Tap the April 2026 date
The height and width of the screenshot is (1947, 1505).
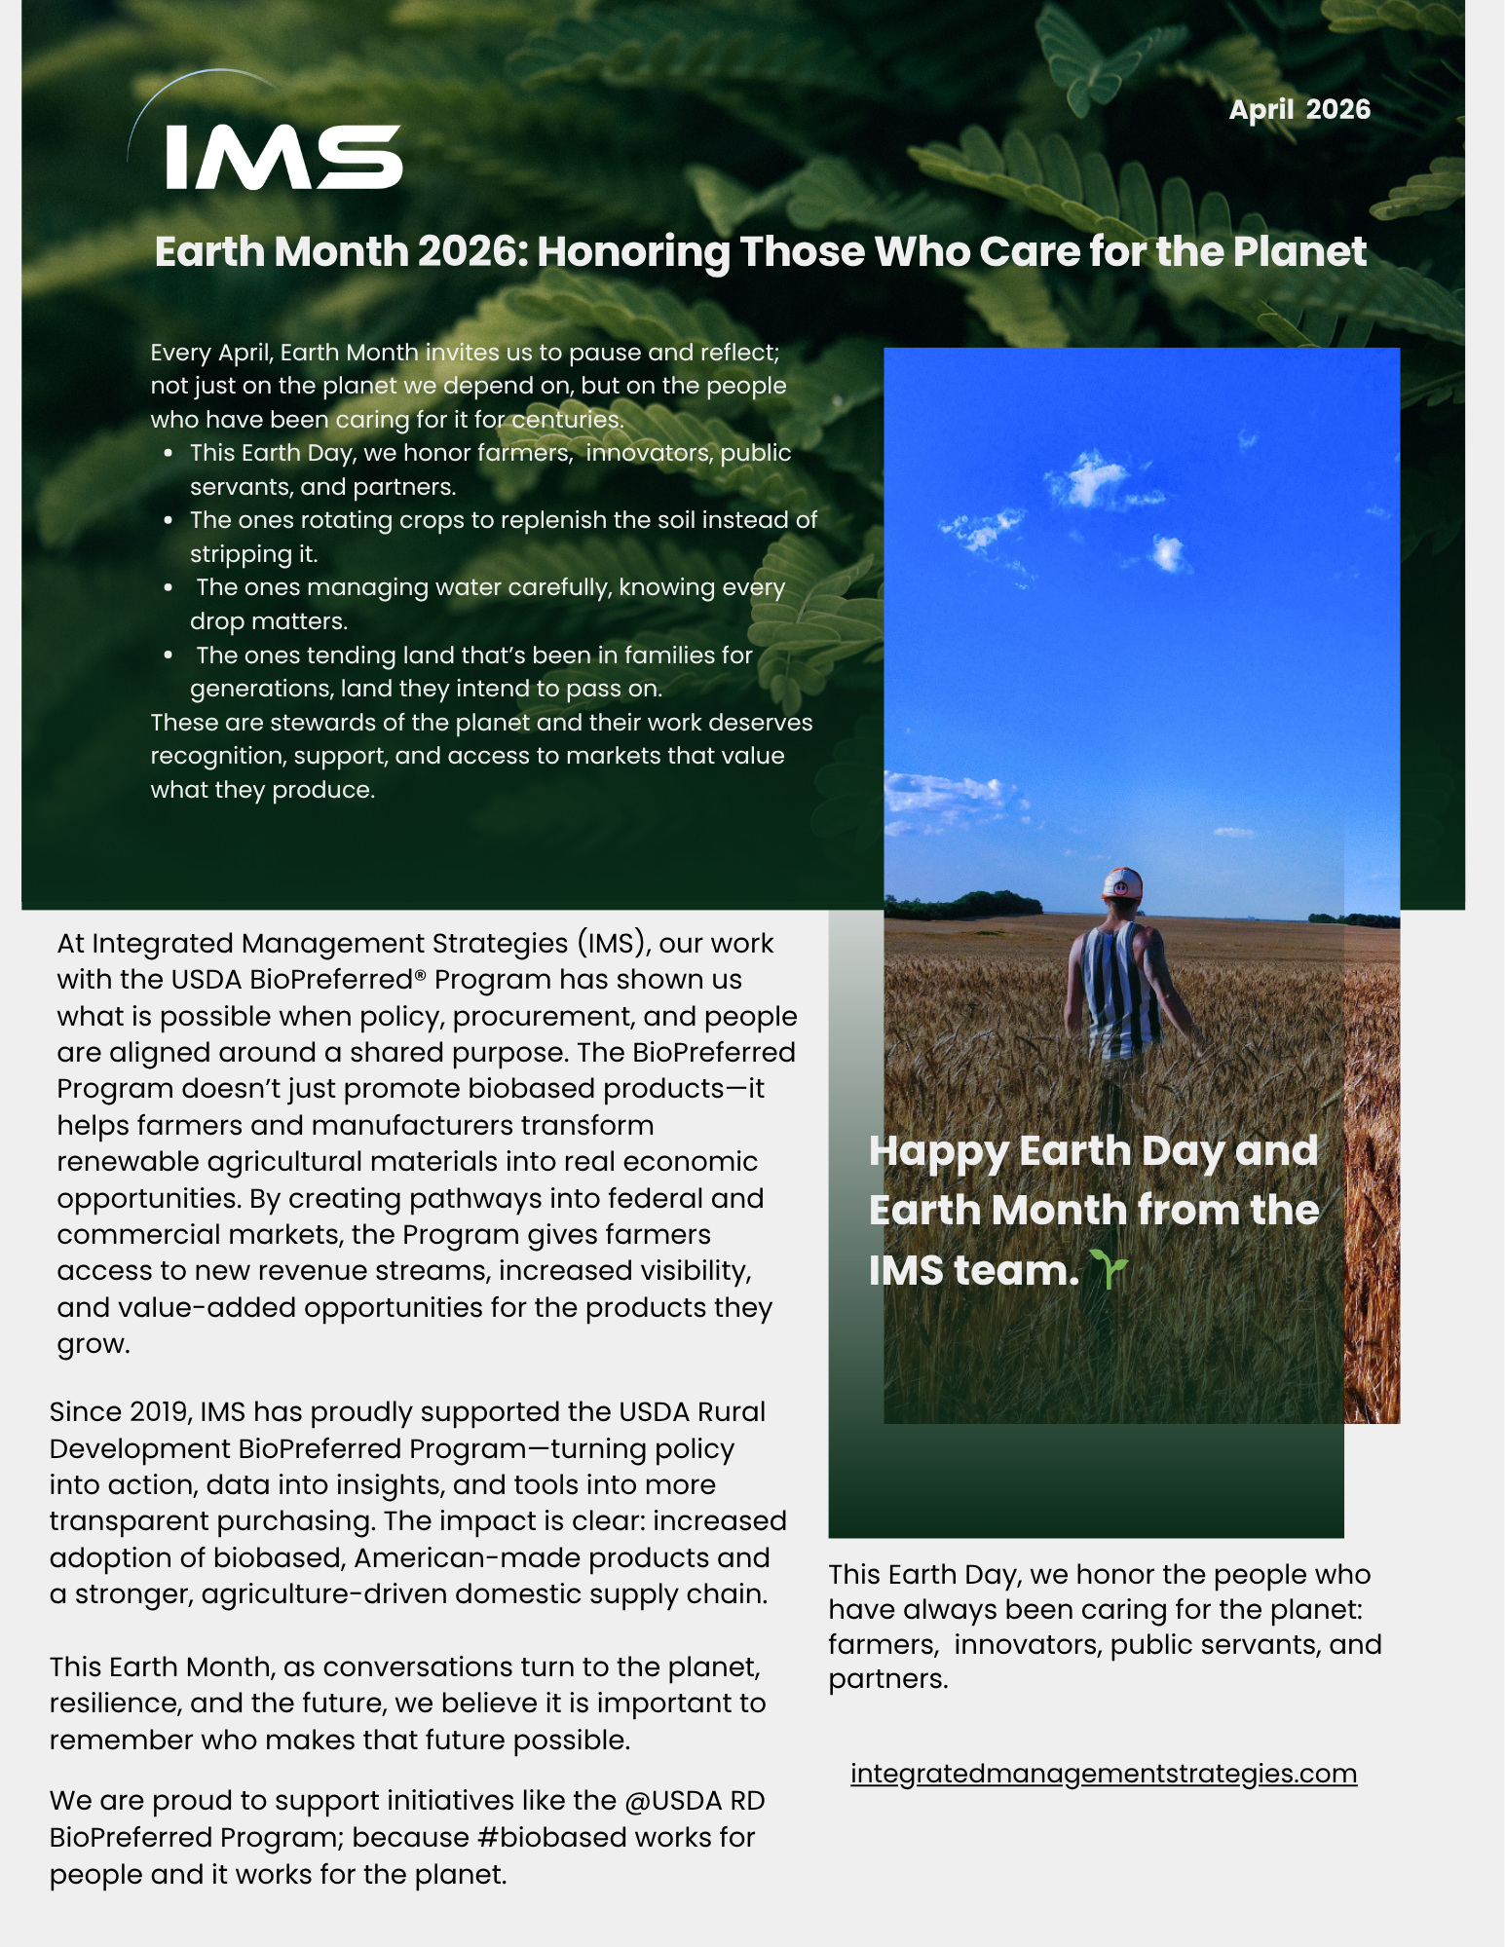(x=1298, y=109)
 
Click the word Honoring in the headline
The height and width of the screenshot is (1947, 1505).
(x=633, y=252)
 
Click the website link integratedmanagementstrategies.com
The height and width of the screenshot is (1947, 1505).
(x=1103, y=1774)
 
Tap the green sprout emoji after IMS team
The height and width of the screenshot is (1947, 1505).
(x=1109, y=1269)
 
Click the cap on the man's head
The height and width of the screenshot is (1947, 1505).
(x=1121, y=882)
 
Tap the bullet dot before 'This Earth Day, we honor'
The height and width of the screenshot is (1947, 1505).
(x=169, y=454)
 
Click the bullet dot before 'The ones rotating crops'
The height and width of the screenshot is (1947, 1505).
(x=169, y=521)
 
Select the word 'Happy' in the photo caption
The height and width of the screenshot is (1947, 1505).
(x=938, y=1151)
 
